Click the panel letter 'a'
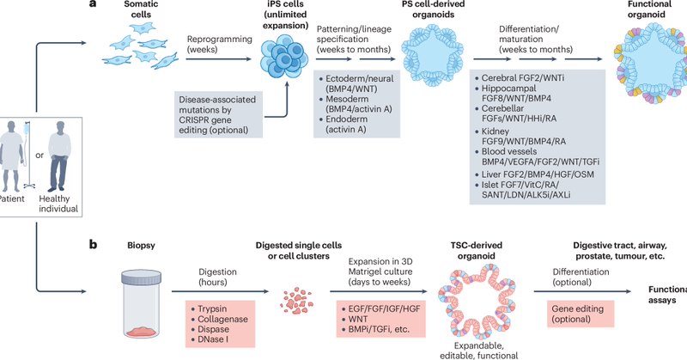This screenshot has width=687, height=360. (x=94, y=7)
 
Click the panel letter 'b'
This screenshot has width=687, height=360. (x=94, y=243)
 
